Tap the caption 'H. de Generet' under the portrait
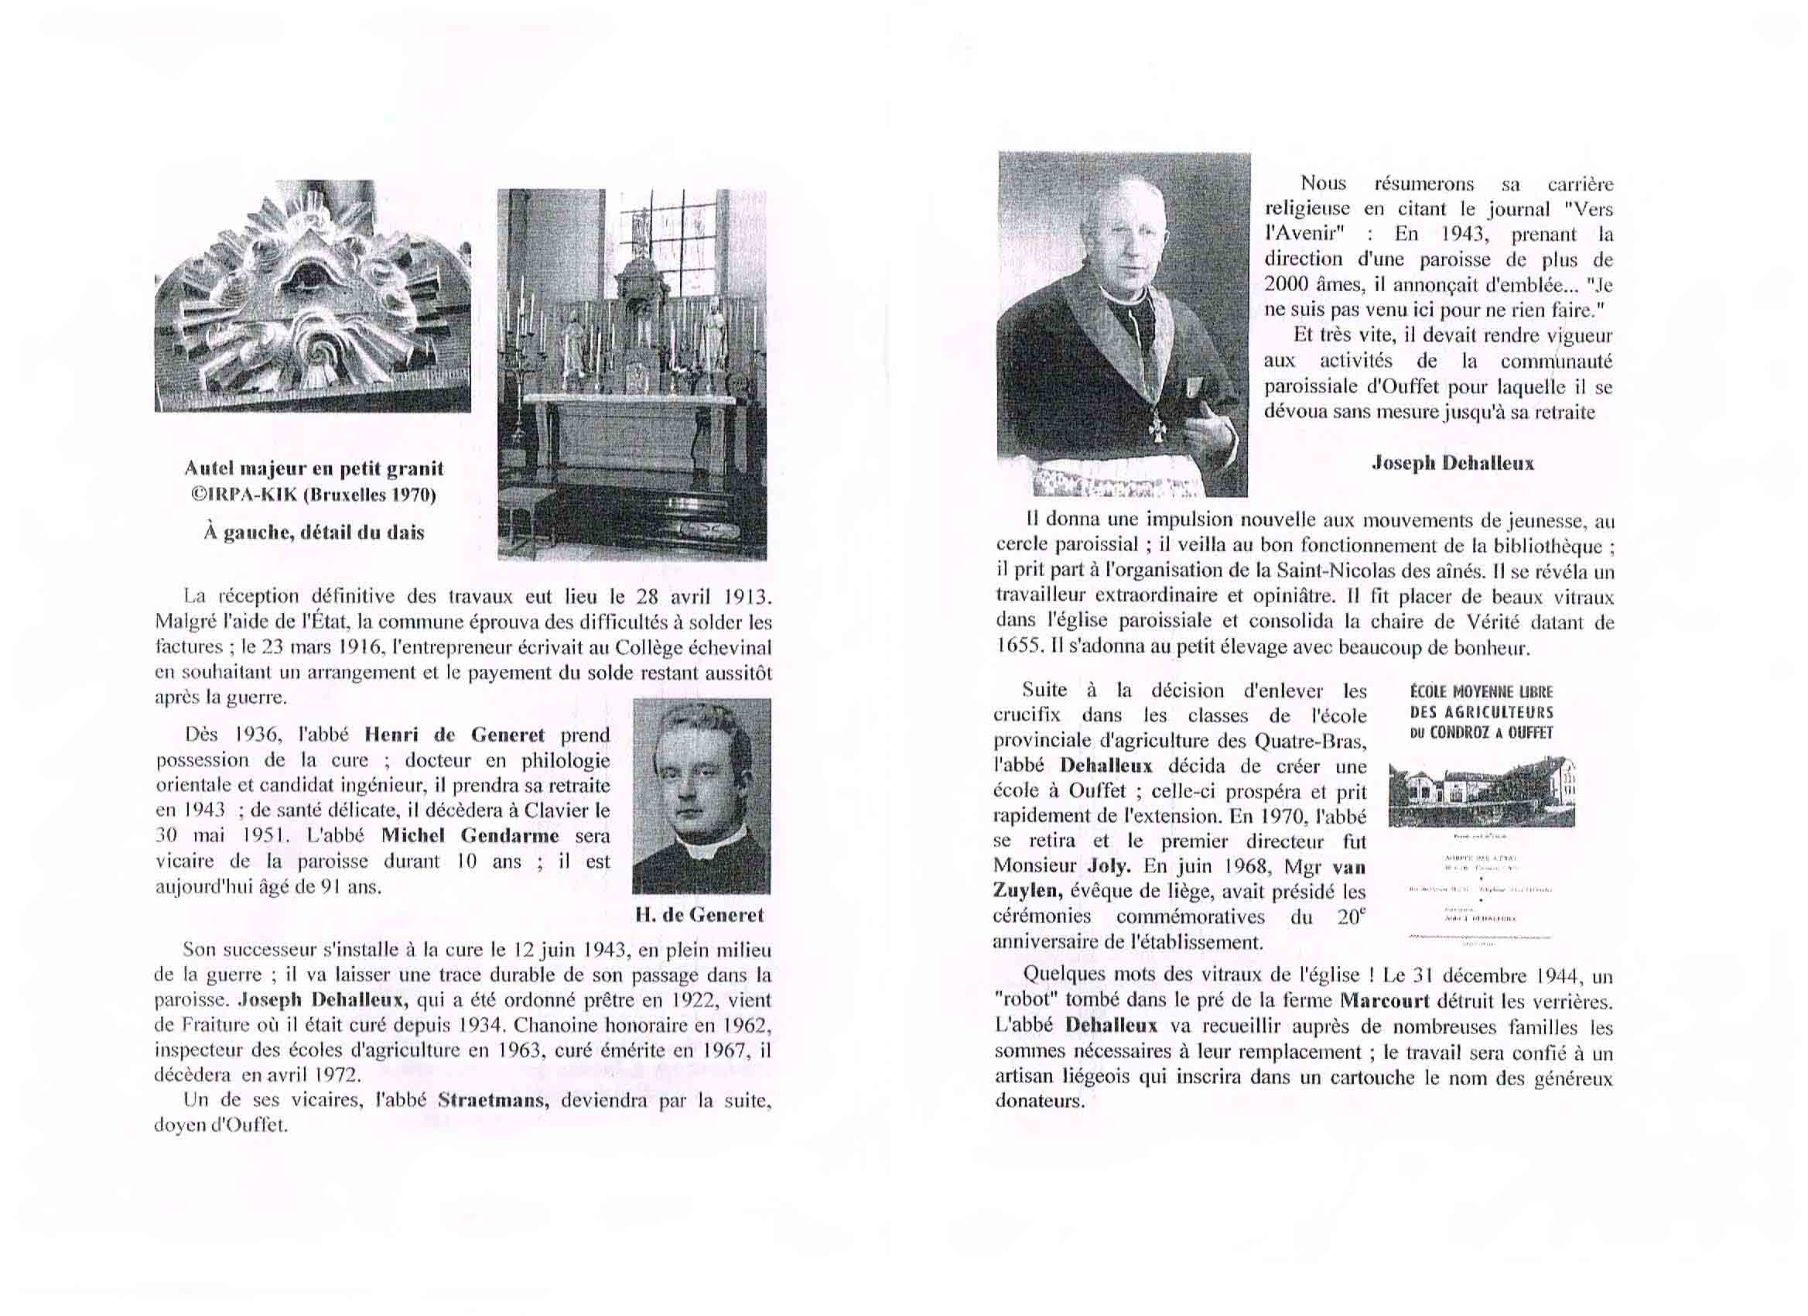click(x=699, y=915)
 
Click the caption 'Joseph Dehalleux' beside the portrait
click(x=1452, y=463)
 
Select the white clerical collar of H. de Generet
click(x=701, y=848)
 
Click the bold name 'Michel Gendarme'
click(x=470, y=835)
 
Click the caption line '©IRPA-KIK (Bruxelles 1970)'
click(x=313, y=495)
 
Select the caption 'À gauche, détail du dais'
click(x=313, y=532)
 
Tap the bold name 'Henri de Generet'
click(x=454, y=735)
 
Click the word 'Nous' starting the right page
click(x=1324, y=183)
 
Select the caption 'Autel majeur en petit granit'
click(x=313, y=469)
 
